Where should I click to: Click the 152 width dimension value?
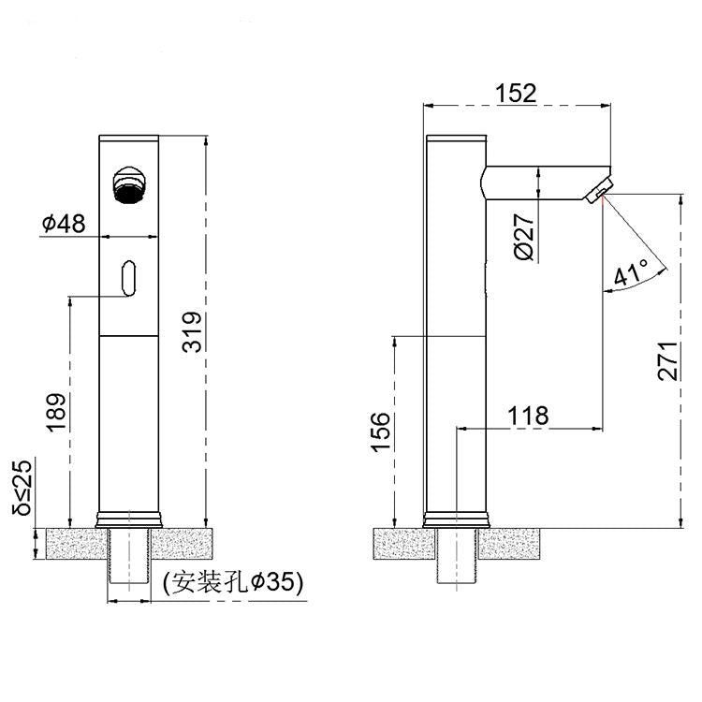pyautogui.click(x=517, y=93)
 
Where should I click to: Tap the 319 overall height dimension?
pyautogui.click(x=191, y=333)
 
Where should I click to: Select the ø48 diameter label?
pyautogui.click(x=64, y=224)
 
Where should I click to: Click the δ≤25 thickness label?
pyautogui.click(x=22, y=487)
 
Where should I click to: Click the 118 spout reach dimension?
pyautogui.click(x=528, y=415)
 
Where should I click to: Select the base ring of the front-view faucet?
pyautogui.click(x=129, y=518)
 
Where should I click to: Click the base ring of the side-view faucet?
pyautogui.click(x=456, y=518)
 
